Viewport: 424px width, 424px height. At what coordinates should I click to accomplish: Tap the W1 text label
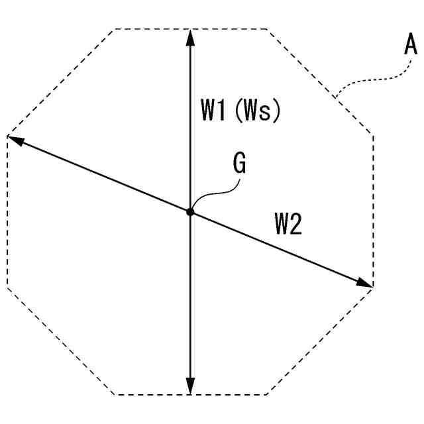pos(213,109)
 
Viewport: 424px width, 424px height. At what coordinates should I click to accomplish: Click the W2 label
pos(288,226)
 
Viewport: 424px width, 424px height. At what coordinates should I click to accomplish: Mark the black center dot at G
pos(190,212)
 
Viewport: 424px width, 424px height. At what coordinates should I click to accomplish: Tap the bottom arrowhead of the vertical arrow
pos(190,386)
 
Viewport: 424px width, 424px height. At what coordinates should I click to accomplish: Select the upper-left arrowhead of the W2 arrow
pos(15,140)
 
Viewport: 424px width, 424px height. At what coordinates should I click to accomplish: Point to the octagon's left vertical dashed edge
pos(7,212)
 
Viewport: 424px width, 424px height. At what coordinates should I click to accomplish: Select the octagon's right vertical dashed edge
pos(374,212)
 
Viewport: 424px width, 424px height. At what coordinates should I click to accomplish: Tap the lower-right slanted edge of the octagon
pos(321,341)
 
